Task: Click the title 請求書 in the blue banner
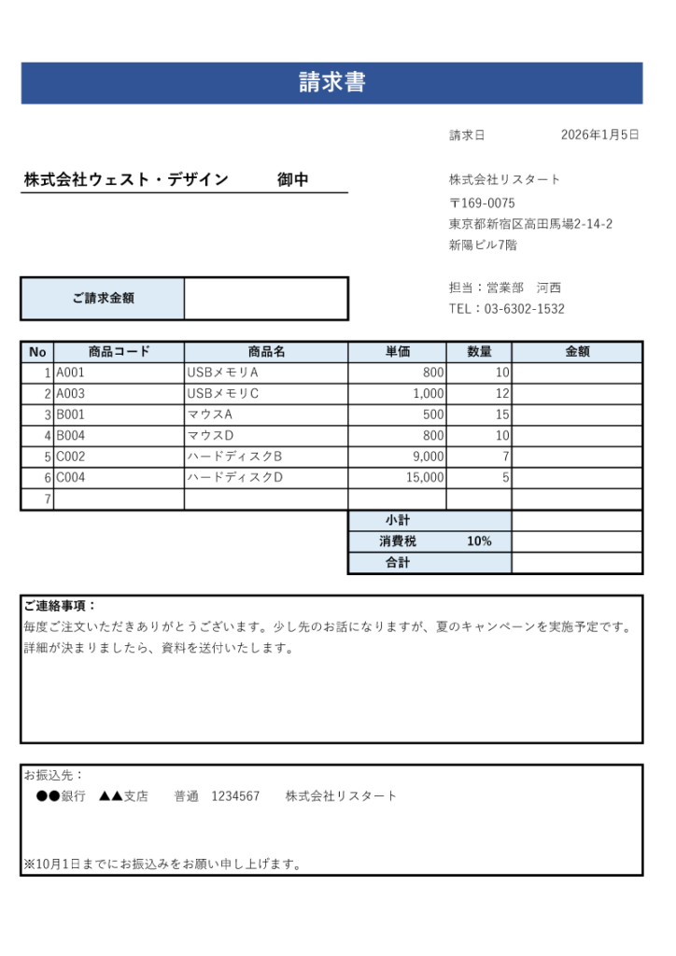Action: [331, 82]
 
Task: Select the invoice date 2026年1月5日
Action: [599, 135]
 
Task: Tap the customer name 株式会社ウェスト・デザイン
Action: [126, 180]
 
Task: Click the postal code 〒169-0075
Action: [482, 203]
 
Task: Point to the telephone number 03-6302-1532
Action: [524, 309]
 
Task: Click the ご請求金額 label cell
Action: [103, 299]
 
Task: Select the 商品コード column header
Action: [119, 352]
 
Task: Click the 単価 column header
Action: [397, 352]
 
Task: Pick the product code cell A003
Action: [71, 394]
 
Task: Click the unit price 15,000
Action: [425, 478]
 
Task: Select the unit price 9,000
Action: [429, 457]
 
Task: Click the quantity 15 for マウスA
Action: [502, 415]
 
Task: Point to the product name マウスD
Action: [210, 436]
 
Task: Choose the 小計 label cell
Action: [398, 520]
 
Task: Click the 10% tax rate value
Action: [479, 541]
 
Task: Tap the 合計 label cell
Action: [398, 563]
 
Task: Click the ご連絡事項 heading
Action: [60, 606]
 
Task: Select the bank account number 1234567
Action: [235, 796]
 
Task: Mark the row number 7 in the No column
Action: [47, 499]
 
